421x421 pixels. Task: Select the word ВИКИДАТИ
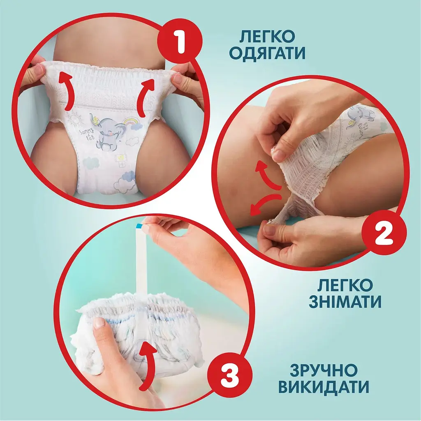[x=323, y=387]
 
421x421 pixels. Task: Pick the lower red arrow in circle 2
[x=267, y=204]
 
